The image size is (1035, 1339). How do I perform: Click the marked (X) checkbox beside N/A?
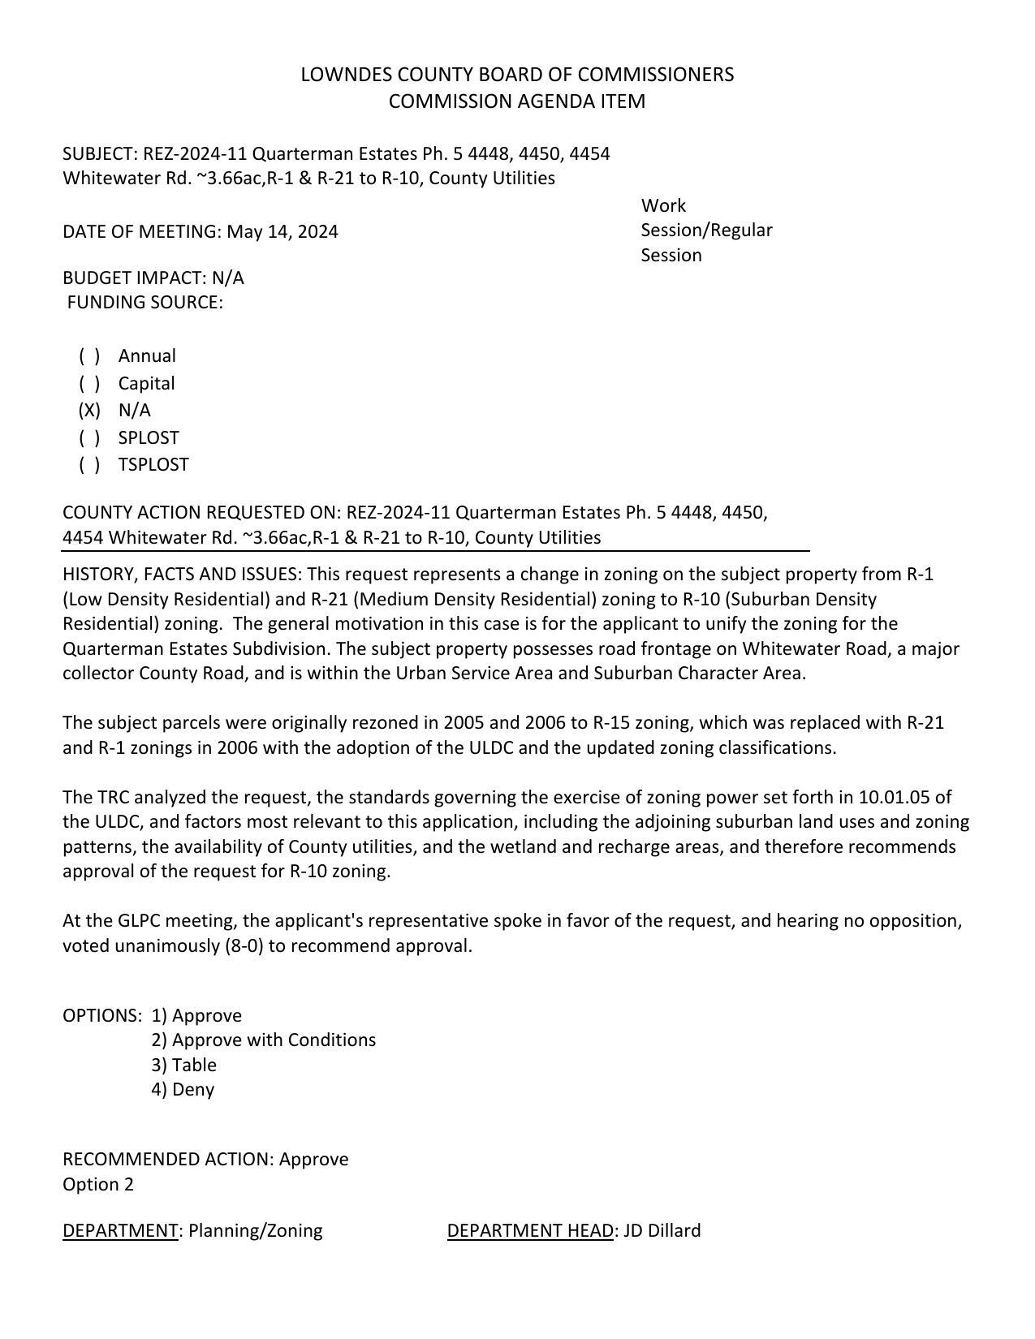(89, 411)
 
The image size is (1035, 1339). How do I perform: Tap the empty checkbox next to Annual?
(89, 356)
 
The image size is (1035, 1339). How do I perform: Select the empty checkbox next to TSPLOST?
(89, 465)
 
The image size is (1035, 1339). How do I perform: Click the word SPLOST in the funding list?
(149, 438)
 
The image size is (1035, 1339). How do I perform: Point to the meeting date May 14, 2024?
(282, 232)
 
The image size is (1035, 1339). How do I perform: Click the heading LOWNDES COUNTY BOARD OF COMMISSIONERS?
(517, 75)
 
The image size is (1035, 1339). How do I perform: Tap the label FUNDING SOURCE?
(144, 303)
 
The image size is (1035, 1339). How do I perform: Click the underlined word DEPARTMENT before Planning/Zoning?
(120, 1231)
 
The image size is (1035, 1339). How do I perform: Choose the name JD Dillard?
(662, 1231)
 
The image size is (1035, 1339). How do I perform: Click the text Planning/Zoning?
(256, 1231)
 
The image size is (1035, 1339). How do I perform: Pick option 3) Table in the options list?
(183, 1066)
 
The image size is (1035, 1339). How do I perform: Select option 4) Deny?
(183, 1090)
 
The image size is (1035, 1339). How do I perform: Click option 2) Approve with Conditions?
(263, 1040)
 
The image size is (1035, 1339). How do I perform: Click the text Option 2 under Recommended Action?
(98, 1185)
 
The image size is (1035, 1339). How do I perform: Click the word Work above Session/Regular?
(663, 206)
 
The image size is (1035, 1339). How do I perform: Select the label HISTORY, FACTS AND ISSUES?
(181, 575)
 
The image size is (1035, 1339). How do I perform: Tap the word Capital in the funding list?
(146, 384)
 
